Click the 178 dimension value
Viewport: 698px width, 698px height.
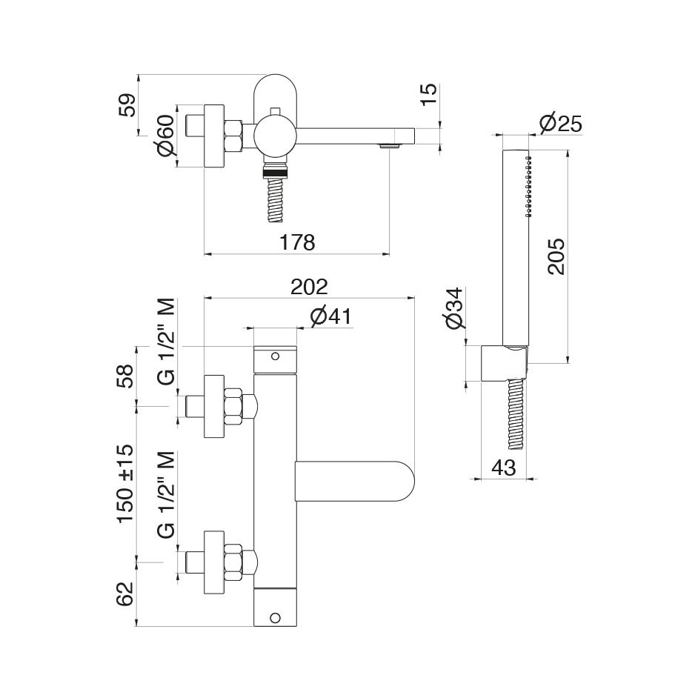297,242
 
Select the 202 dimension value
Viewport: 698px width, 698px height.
309,287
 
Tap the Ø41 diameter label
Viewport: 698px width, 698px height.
330,316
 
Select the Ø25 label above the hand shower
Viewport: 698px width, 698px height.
561,123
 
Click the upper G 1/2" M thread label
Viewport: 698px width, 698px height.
167,342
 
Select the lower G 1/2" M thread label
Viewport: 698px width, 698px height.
167,495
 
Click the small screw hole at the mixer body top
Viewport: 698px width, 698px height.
276,357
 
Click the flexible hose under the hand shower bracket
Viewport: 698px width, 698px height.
516,415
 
